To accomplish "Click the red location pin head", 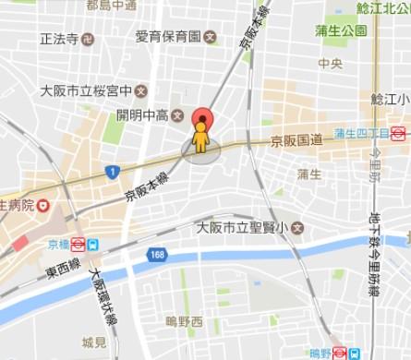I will point(201,119).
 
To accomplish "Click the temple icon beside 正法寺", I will point(88,40).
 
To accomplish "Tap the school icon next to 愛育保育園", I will point(211,38).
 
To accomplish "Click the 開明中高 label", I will point(143,114).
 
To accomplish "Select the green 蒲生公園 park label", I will point(341,30).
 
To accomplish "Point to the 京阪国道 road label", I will point(296,139).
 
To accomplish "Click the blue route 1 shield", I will point(112,171).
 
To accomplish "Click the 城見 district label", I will point(93,342).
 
